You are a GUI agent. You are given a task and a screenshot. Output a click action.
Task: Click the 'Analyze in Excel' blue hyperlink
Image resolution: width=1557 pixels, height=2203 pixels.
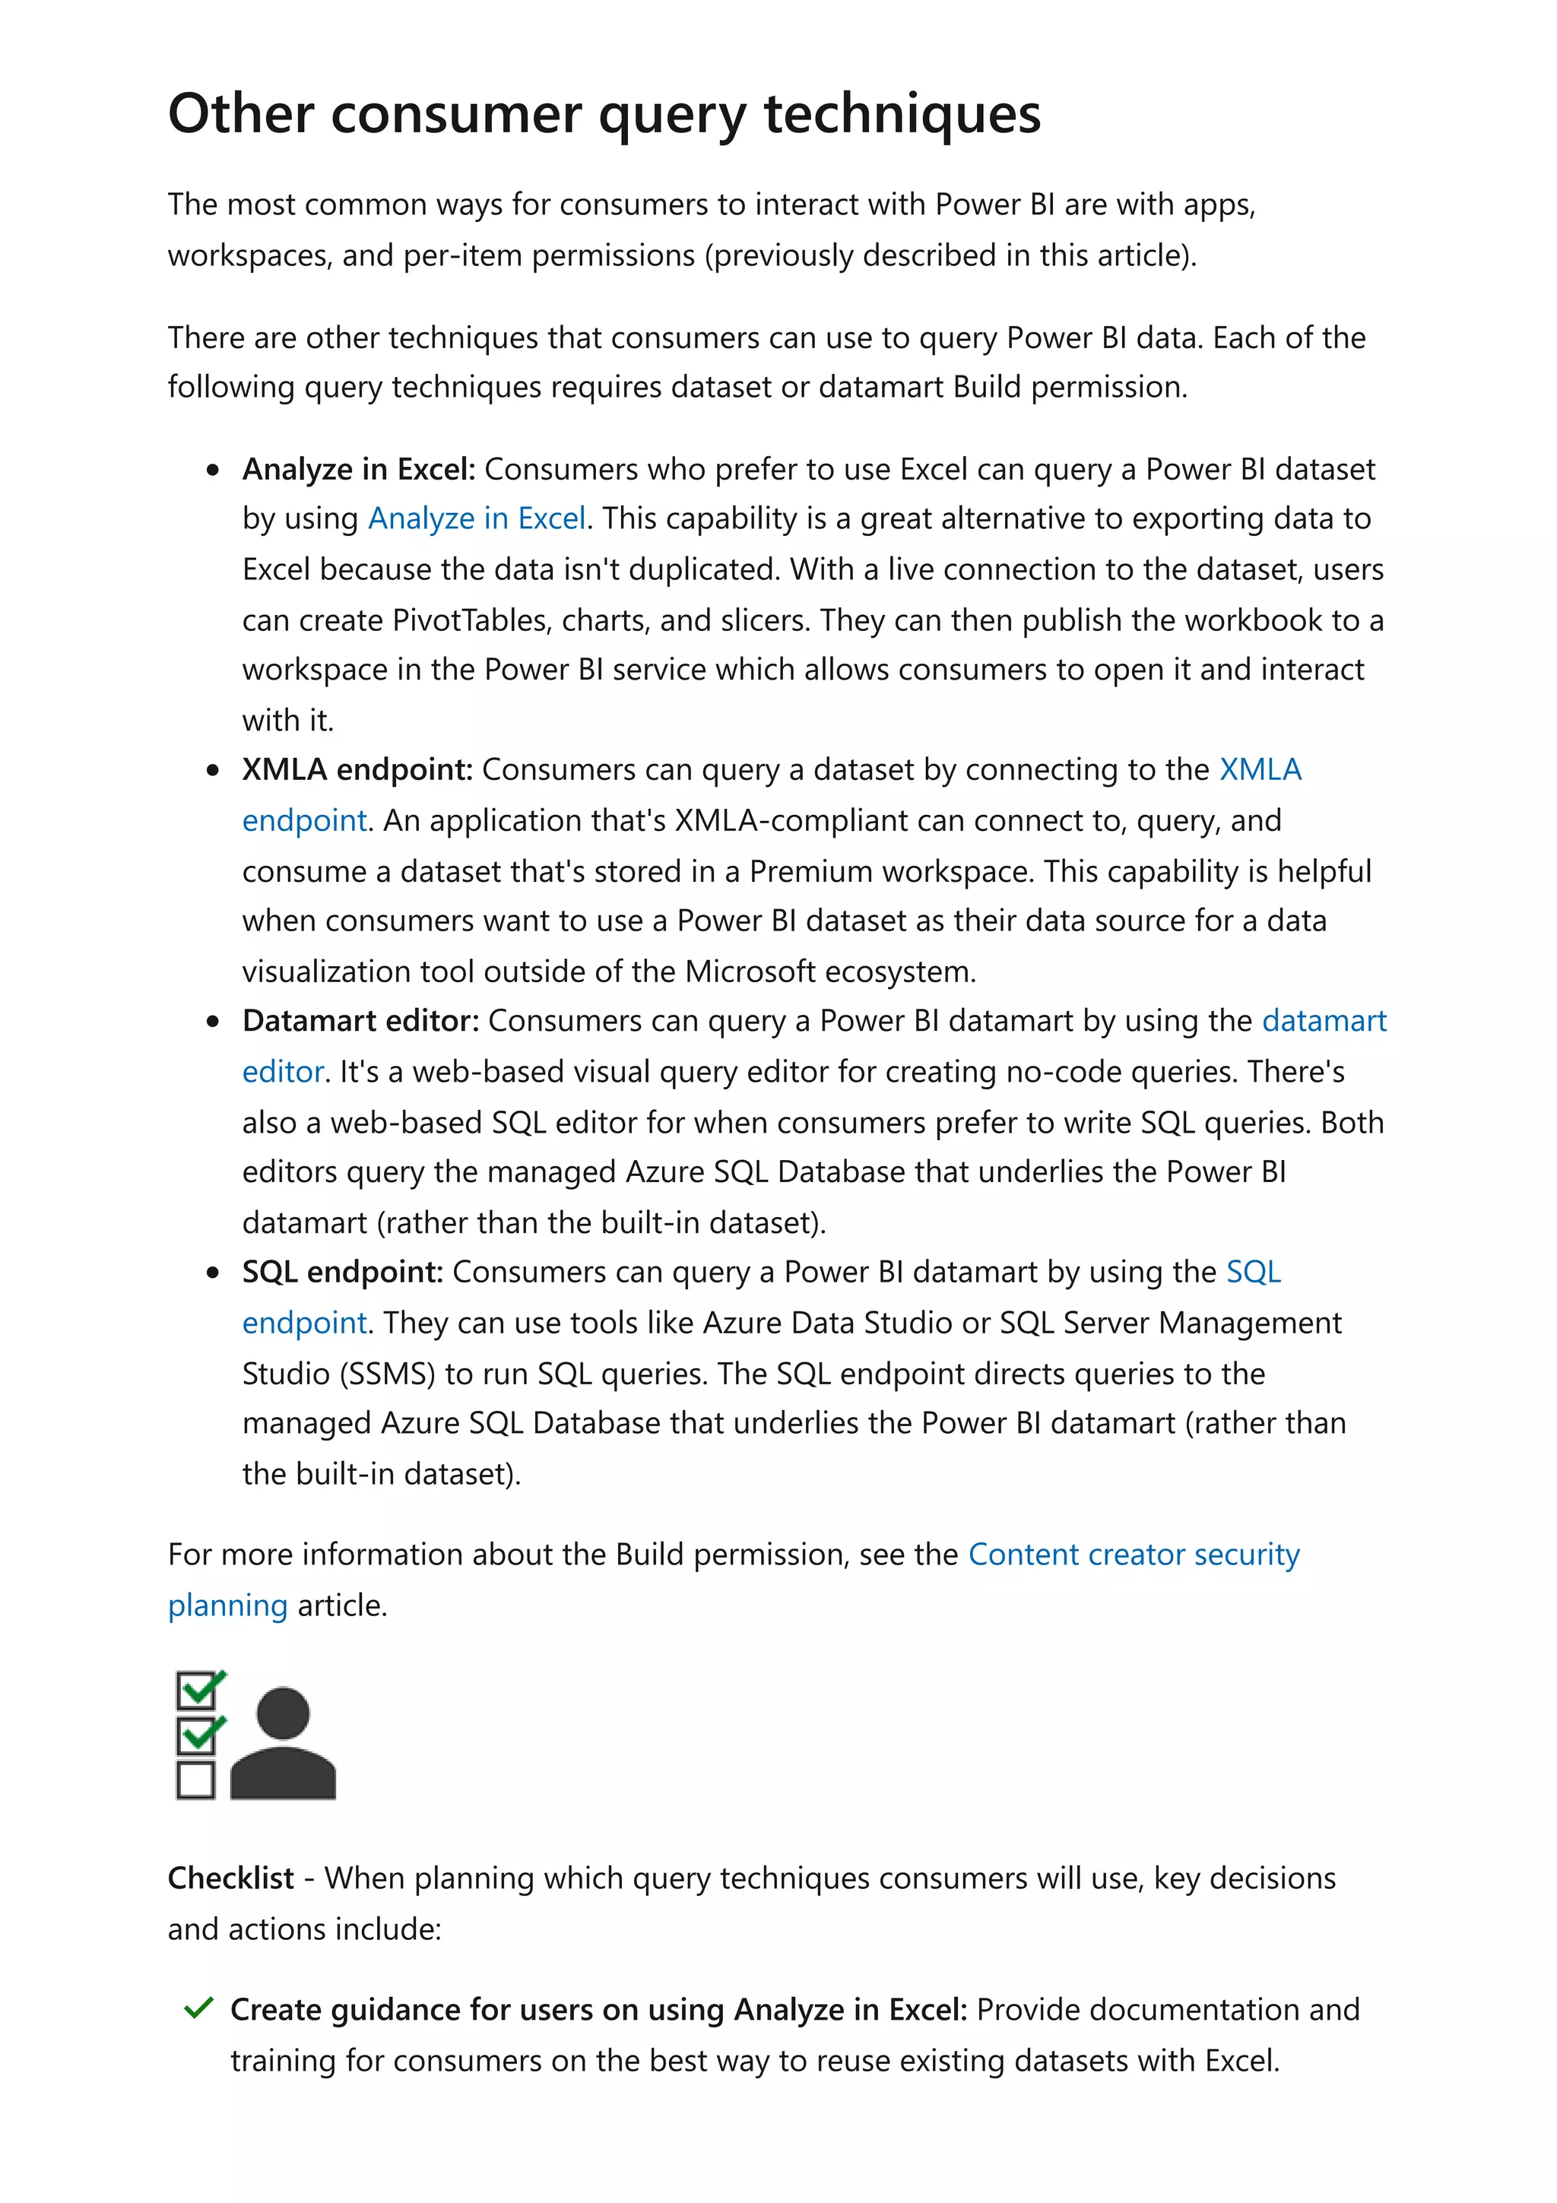(x=477, y=519)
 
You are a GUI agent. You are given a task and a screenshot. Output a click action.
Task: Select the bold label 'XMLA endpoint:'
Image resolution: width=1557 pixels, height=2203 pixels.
(x=357, y=769)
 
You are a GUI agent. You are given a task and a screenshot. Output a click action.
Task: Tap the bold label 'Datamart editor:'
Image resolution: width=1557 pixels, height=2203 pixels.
(x=360, y=1021)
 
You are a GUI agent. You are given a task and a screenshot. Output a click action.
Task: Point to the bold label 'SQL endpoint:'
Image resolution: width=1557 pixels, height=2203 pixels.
(x=342, y=1273)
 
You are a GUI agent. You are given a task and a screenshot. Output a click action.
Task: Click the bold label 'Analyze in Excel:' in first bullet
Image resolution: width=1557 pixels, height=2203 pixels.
(x=359, y=469)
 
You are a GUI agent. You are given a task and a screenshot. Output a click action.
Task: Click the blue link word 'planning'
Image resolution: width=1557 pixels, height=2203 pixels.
(x=227, y=1605)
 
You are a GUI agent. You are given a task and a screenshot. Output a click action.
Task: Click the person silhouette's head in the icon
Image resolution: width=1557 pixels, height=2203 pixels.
(x=283, y=1713)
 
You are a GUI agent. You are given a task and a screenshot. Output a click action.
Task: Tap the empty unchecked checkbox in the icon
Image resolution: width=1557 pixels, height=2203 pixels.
(x=195, y=1780)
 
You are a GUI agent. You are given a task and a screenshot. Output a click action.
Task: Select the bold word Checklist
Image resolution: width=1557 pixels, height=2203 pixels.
(x=230, y=1878)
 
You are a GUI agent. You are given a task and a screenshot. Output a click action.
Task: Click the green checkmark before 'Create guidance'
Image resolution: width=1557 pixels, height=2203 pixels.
(x=198, y=2008)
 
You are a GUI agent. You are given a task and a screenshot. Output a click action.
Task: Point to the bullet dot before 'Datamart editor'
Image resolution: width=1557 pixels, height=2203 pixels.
(x=213, y=1022)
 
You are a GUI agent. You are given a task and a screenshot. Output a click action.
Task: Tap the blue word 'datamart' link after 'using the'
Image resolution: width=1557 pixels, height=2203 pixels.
(x=1323, y=1021)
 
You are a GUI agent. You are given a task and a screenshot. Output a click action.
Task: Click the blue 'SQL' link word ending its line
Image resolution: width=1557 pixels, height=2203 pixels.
(x=1253, y=1273)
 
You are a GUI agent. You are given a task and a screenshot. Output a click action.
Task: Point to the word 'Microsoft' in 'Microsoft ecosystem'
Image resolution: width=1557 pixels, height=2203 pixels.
(x=750, y=972)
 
